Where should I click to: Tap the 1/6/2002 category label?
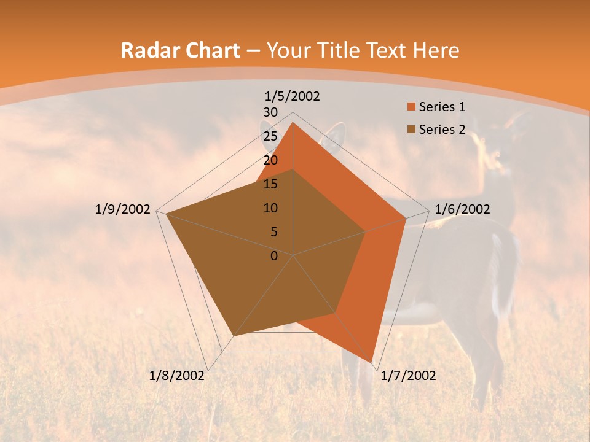(x=462, y=209)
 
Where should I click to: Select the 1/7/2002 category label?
(x=408, y=375)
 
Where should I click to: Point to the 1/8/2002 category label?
(x=177, y=375)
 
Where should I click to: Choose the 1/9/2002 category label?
(x=123, y=209)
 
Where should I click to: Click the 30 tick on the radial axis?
(x=270, y=112)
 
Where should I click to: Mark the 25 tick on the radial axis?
(x=270, y=136)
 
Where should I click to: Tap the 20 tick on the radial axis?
(x=270, y=160)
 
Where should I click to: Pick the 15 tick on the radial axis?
(x=270, y=184)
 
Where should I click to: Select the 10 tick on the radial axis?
(x=270, y=208)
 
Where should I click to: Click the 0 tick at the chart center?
(x=274, y=255)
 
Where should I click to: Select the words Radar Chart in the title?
(x=180, y=50)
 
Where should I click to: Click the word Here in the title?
(x=436, y=50)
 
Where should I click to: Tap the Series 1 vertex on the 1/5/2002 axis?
(x=293, y=122)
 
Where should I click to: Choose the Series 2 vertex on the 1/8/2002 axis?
(x=234, y=336)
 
